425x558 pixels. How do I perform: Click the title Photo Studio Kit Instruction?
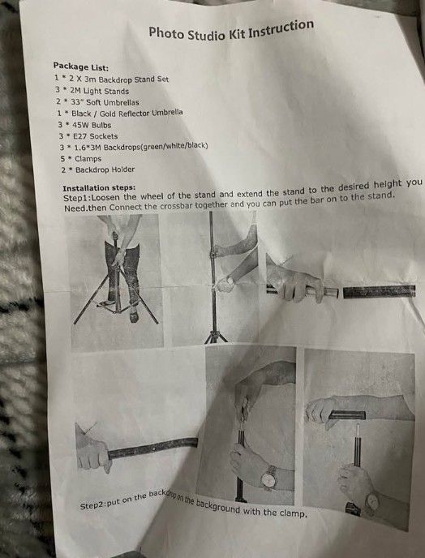click(x=231, y=30)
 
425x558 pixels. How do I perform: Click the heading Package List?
click(x=81, y=67)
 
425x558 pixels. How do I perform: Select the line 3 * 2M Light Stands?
click(x=92, y=91)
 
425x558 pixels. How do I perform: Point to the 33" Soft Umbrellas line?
click(x=105, y=102)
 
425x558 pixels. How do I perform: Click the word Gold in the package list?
click(x=108, y=114)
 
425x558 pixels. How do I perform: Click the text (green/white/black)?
click(x=174, y=146)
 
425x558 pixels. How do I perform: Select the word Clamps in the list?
click(x=88, y=159)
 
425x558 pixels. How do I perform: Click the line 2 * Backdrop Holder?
click(x=97, y=170)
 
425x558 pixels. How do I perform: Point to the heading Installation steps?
click(x=99, y=187)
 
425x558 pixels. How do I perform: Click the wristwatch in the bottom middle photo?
click(x=269, y=477)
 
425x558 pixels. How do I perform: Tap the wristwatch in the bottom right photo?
click(x=372, y=501)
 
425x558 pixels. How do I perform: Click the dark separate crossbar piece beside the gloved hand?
click(x=379, y=291)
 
